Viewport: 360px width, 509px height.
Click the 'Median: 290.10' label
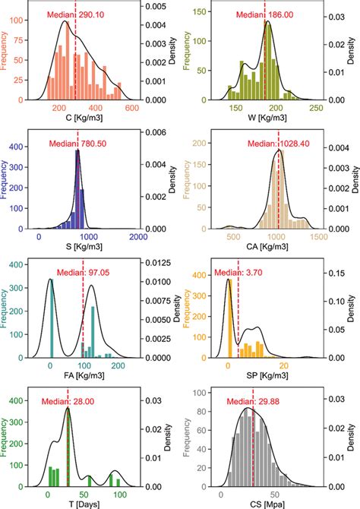click(75, 14)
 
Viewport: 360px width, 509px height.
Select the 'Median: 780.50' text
click(77, 143)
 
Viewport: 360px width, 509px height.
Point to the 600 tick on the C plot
click(130, 109)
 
